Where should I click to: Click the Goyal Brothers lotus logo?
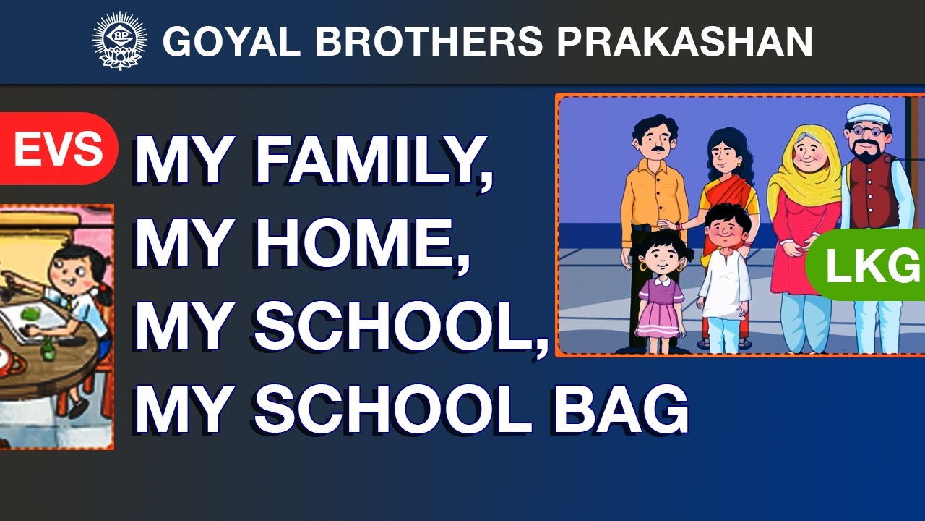[120, 41]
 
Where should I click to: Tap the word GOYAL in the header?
[232, 41]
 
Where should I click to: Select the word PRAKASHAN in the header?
[684, 41]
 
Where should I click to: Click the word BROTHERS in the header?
[429, 41]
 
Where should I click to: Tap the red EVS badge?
[59, 148]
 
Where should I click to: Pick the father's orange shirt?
[655, 198]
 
